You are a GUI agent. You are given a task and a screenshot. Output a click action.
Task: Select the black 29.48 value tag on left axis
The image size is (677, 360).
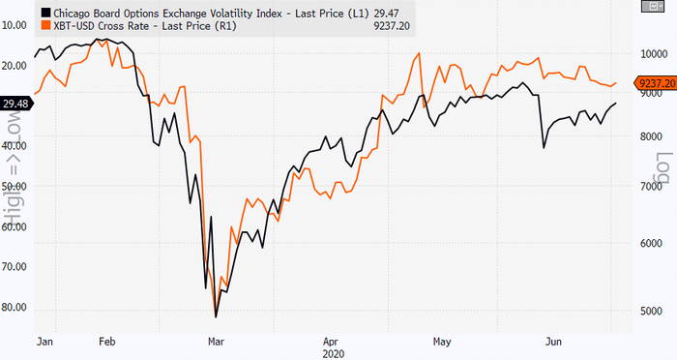tap(15, 104)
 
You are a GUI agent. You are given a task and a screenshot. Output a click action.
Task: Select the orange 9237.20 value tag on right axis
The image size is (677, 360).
tap(655, 84)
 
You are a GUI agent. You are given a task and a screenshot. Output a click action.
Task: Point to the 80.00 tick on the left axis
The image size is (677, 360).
tap(15, 308)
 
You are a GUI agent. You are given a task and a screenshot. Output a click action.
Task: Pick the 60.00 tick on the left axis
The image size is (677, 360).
tap(15, 226)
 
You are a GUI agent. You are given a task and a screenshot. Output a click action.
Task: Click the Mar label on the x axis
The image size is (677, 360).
tap(218, 342)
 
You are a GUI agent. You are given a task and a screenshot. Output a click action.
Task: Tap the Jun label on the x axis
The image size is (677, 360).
tap(555, 342)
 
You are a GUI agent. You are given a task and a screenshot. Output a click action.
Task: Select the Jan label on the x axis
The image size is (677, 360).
tap(44, 342)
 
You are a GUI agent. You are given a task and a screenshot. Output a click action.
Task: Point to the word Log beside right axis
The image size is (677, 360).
tap(664, 170)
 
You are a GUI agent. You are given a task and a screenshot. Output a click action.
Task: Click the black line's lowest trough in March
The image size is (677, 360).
tap(216, 316)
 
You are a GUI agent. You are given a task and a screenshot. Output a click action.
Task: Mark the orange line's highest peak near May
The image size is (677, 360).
tap(417, 54)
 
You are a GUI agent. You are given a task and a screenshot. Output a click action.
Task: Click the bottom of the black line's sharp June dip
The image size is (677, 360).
tap(544, 147)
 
